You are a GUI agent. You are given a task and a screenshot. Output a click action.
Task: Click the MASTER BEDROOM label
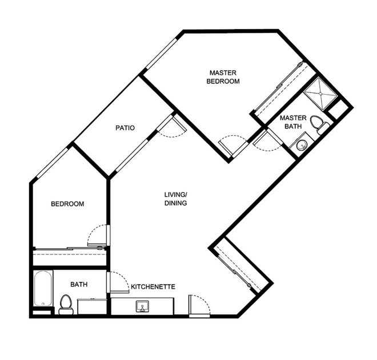(223, 77)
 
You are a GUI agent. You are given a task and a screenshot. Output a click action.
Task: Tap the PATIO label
(125, 128)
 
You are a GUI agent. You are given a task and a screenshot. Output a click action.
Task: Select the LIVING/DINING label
(175, 199)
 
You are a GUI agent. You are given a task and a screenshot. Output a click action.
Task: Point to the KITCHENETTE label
(153, 287)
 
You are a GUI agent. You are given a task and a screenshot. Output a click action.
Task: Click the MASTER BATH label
(293, 122)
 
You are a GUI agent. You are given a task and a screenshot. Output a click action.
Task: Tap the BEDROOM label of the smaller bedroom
(67, 204)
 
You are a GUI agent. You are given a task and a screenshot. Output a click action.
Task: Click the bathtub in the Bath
(43, 288)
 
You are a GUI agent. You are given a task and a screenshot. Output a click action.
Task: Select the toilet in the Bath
(66, 305)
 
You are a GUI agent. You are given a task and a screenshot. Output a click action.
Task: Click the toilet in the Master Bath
(319, 124)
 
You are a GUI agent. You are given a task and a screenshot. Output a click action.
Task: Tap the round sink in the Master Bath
(302, 145)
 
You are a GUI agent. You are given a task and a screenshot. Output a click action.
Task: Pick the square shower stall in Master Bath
(321, 94)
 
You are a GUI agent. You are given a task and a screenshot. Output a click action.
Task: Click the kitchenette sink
(142, 306)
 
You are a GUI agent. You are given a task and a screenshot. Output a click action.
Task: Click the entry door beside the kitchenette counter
(199, 305)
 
